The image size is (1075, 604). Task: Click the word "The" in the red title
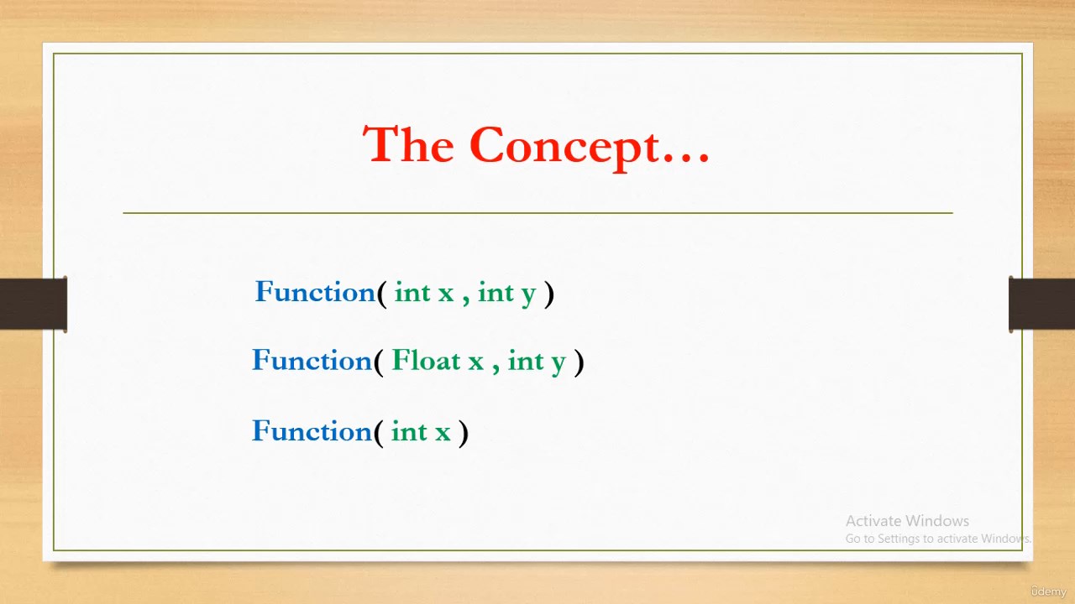click(x=408, y=145)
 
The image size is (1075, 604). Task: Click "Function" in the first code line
click(x=315, y=292)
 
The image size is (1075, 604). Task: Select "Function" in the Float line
click(x=312, y=361)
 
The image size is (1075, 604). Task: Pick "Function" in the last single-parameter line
click(x=312, y=431)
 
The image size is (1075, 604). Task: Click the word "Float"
click(x=426, y=361)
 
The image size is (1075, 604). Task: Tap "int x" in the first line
click(x=424, y=293)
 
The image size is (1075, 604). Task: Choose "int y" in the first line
click(x=506, y=294)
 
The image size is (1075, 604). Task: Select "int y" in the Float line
click(x=537, y=362)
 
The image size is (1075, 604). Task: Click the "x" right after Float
click(x=476, y=363)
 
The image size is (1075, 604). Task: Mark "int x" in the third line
click(x=421, y=431)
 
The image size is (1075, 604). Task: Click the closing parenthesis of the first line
click(x=549, y=294)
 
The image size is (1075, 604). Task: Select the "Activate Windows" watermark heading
click(x=907, y=521)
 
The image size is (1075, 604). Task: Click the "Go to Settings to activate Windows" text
click(x=938, y=539)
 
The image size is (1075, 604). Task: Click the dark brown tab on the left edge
click(x=34, y=304)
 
